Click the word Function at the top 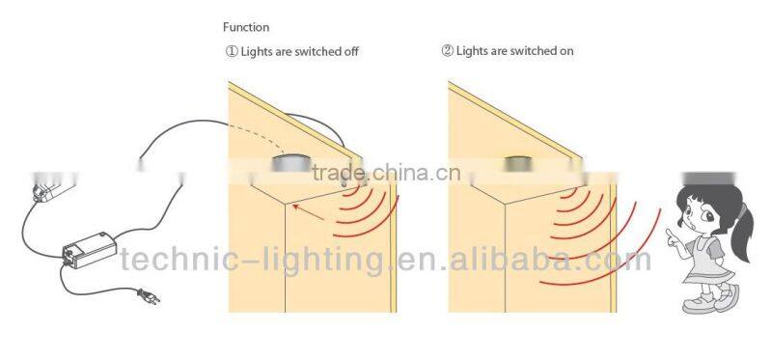(246, 28)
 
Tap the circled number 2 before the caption (447, 51)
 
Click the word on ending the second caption (566, 51)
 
